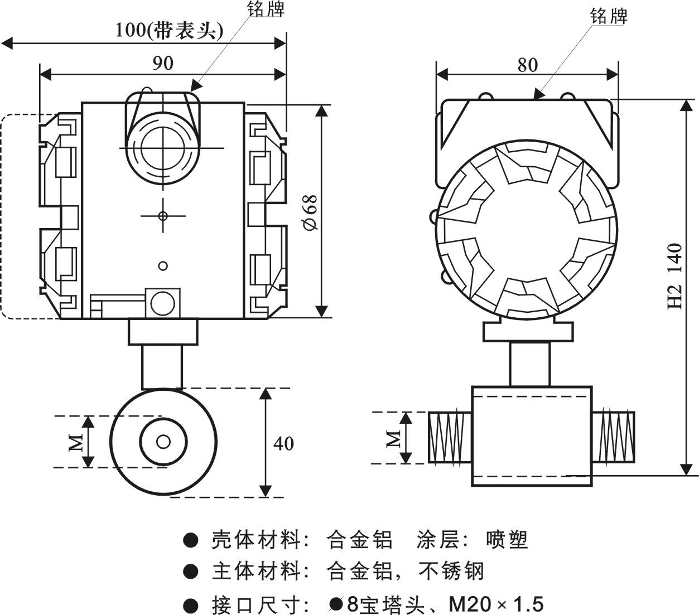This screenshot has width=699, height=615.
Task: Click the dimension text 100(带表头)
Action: pyautogui.click(x=169, y=30)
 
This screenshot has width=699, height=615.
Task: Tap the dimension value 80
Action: pyautogui.click(x=527, y=65)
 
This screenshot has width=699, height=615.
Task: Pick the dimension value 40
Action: pyautogui.click(x=283, y=443)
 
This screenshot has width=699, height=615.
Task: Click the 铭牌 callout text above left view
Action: pyautogui.click(x=266, y=9)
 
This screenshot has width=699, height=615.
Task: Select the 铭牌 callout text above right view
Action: pyautogui.click(x=609, y=16)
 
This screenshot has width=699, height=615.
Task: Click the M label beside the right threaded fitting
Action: pyautogui.click(x=394, y=438)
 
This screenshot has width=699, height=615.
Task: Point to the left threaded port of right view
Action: pyautogui.click(x=450, y=437)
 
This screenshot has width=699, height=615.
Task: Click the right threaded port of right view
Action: pyautogui.click(x=613, y=437)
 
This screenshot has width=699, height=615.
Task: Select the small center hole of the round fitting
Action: pyautogui.click(x=163, y=442)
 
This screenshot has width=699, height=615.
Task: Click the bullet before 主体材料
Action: pyautogui.click(x=191, y=571)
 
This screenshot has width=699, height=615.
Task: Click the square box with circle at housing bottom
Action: pyautogui.click(x=163, y=303)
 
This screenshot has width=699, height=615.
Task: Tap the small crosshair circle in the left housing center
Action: pyautogui.click(x=163, y=216)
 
